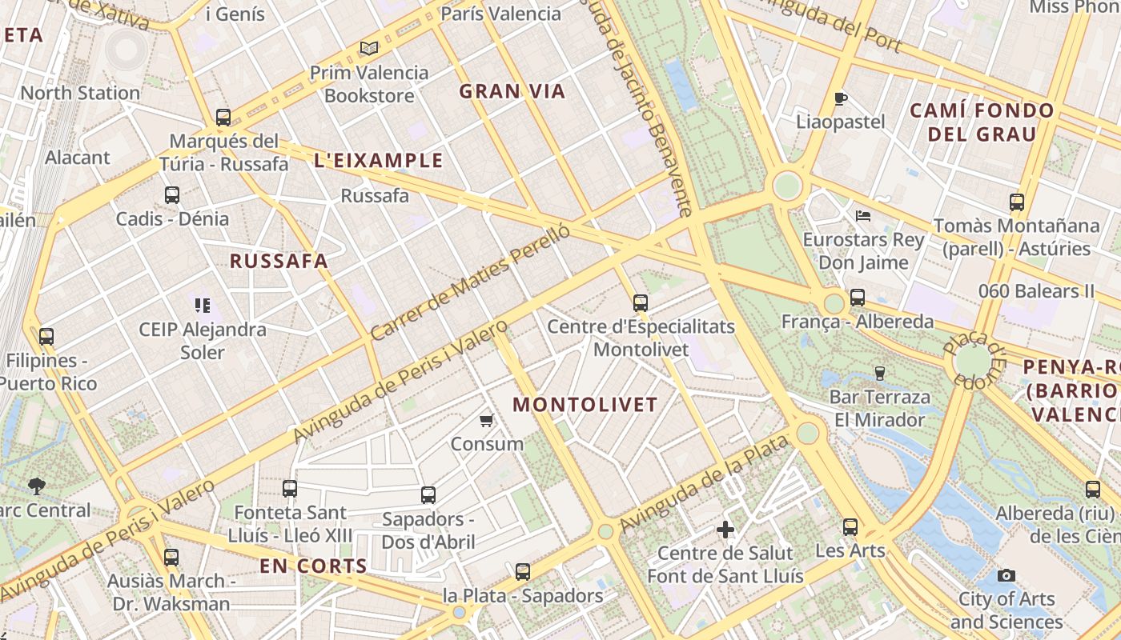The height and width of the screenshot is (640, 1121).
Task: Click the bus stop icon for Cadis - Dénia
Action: click(x=172, y=194)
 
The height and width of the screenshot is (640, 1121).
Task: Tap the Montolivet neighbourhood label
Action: click(x=585, y=405)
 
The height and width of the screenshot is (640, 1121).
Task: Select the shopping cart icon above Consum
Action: click(x=486, y=420)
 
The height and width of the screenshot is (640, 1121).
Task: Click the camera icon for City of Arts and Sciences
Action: click(x=1006, y=575)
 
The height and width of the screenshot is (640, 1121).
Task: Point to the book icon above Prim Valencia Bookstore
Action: click(x=369, y=49)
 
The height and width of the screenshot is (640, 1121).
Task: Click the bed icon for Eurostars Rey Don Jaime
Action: click(x=863, y=216)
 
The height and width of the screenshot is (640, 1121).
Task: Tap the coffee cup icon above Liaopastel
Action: click(x=841, y=99)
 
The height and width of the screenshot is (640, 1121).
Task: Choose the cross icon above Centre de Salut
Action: click(x=725, y=530)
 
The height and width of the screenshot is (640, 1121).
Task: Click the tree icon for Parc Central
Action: click(x=36, y=486)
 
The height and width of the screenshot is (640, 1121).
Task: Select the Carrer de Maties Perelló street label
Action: click(x=471, y=282)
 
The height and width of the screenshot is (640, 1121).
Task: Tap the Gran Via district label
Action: click(x=512, y=92)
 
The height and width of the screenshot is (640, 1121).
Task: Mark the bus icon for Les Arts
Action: click(x=850, y=527)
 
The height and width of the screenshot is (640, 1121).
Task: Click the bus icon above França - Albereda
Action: click(x=858, y=298)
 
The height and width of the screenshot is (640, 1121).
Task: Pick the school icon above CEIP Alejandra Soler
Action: click(x=202, y=305)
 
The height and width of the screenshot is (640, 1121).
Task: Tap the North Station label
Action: click(x=80, y=93)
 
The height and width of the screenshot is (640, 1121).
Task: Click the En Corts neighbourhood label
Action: click(x=313, y=566)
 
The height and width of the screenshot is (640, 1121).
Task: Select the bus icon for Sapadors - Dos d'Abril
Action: click(x=428, y=495)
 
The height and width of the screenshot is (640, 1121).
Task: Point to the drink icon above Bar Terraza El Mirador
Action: click(x=880, y=373)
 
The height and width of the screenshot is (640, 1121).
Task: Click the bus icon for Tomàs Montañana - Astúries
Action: click(x=1017, y=202)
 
